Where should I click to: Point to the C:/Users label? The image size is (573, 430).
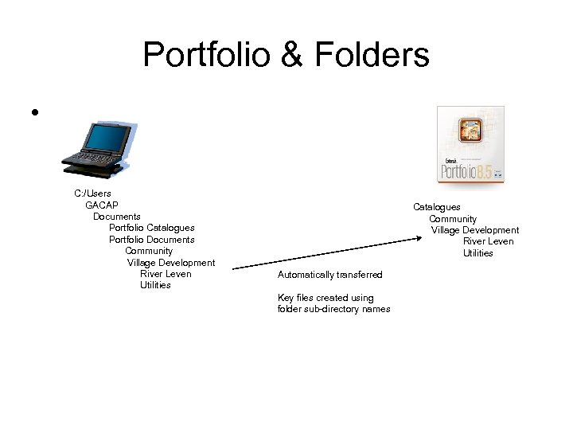pos(93,193)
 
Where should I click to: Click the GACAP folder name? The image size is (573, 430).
pos(102,205)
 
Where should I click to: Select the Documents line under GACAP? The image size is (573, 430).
pos(117,217)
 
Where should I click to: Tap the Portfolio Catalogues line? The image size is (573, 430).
pos(151,228)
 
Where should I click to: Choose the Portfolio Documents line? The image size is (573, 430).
pos(151,240)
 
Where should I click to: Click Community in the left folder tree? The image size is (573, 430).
pos(149,251)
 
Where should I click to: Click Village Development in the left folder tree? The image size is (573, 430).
pos(171,263)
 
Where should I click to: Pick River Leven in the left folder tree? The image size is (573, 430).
pos(166,274)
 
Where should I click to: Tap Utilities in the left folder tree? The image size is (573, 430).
pos(155,285)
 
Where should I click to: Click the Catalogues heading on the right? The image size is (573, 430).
pos(436,207)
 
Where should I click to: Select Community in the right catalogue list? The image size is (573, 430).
pos(453,219)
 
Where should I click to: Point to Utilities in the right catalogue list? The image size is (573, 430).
pos(478,253)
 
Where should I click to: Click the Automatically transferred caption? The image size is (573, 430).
pos(329,275)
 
